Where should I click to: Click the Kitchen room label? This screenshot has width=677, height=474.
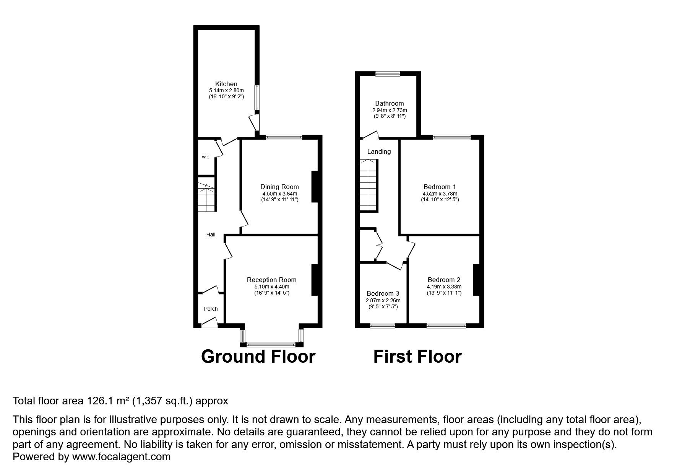coord(226,84)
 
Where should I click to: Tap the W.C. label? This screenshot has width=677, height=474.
coord(206,157)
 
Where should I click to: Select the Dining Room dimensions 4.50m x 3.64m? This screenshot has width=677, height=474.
coord(279,194)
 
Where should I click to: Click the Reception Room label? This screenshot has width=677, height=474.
coord(271,280)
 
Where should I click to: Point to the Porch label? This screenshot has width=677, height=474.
coord(211,309)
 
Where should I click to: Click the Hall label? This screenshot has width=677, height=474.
coord(211,235)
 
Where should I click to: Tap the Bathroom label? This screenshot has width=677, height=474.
coord(389,103)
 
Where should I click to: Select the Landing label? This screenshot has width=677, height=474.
coord(379,151)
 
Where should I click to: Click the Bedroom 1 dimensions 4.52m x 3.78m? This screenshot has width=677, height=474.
coord(440,194)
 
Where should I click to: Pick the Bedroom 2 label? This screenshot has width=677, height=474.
coord(444,280)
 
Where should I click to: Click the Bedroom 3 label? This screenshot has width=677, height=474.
coord(383,293)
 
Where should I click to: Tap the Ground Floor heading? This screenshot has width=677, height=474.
coord(258,356)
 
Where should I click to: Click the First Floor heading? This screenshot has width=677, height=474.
coord(417,356)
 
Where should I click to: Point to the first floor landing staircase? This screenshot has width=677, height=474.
coord(368,186)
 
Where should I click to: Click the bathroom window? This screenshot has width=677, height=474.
coord(387,74)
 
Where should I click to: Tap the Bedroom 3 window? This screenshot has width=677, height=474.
coord(383,326)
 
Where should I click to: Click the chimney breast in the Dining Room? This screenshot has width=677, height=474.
coord(315,187)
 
